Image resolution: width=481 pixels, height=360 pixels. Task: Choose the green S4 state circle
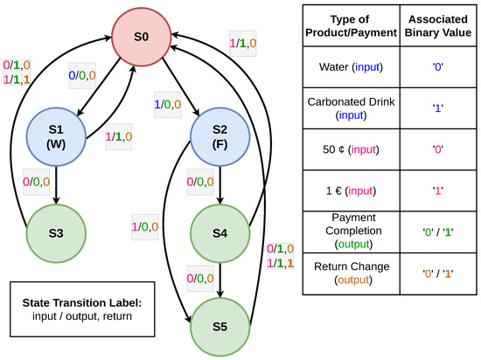point(220,234)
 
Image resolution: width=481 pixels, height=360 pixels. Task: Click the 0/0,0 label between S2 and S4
point(199,182)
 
